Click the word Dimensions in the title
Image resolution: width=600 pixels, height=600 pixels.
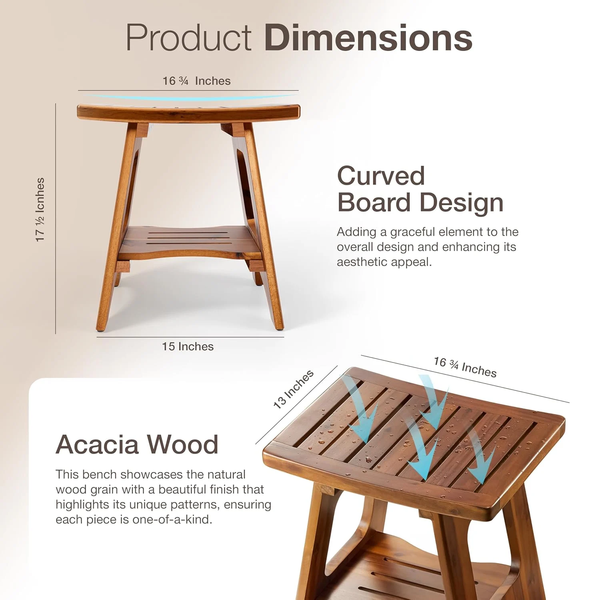coord(368,38)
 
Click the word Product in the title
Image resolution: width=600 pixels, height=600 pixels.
coord(188,38)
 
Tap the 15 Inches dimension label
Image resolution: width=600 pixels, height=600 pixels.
coord(188,346)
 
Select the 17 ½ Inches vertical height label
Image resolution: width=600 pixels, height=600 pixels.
coord(40,210)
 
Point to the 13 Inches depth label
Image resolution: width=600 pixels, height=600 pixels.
coord(293,389)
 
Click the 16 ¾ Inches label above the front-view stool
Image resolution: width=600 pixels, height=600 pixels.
coord(196,81)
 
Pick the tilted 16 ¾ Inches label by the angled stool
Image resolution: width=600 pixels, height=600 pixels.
coord(465,367)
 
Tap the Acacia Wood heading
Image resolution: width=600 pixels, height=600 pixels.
coord(137,444)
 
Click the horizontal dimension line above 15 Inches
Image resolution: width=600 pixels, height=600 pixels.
coord(190,337)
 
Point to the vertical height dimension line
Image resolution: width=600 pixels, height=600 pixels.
coord(56,218)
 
